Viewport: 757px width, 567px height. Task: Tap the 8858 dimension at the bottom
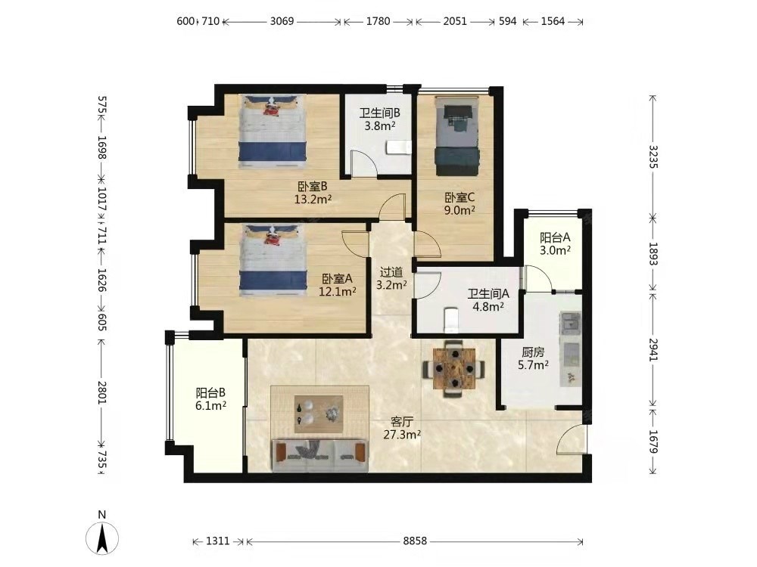click(415, 541)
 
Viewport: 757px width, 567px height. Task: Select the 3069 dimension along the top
click(282, 21)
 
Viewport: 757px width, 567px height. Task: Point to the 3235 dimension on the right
click(653, 156)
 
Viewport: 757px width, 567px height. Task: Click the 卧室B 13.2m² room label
click(313, 192)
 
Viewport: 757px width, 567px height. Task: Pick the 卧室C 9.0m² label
click(459, 203)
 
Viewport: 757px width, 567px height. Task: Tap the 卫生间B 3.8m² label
click(379, 119)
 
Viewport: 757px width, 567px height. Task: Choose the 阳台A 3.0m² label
click(555, 243)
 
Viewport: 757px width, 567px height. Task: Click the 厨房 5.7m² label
click(533, 358)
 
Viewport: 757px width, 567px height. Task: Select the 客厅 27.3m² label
click(402, 428)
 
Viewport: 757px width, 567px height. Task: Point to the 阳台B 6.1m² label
click(210, 399)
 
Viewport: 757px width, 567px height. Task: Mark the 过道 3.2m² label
click(391, 279)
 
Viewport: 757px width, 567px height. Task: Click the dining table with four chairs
click(453, 369)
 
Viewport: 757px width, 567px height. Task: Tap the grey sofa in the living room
click(320, 454)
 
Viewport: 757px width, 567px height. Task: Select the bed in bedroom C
click(457, 136)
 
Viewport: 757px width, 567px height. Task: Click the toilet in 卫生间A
click(451, 320)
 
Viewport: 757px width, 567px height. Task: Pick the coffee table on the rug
click(319, 414)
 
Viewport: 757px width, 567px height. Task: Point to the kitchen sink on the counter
click(570, 323)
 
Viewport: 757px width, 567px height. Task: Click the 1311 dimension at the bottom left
click(218, 541)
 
